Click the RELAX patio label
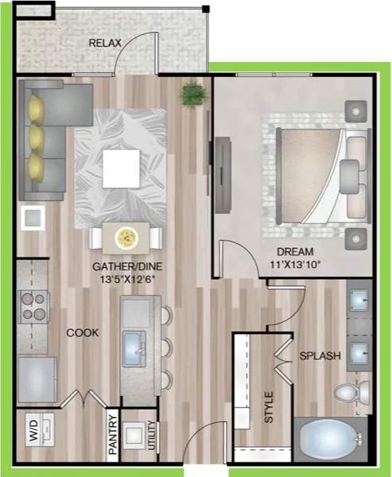pyautogui.click(x=106, y=42)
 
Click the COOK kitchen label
pyautogui.click(x=83, y=333)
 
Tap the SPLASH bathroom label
pyautogui.click(x=320, y=357)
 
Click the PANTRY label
pyautogui.click(x=113, y=436)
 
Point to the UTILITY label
pyautogui.click(x=151, y=436)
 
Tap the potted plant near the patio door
pyautogui.click(x=192, y=95)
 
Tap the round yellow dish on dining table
pyautogui.click(x=126, y=237)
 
